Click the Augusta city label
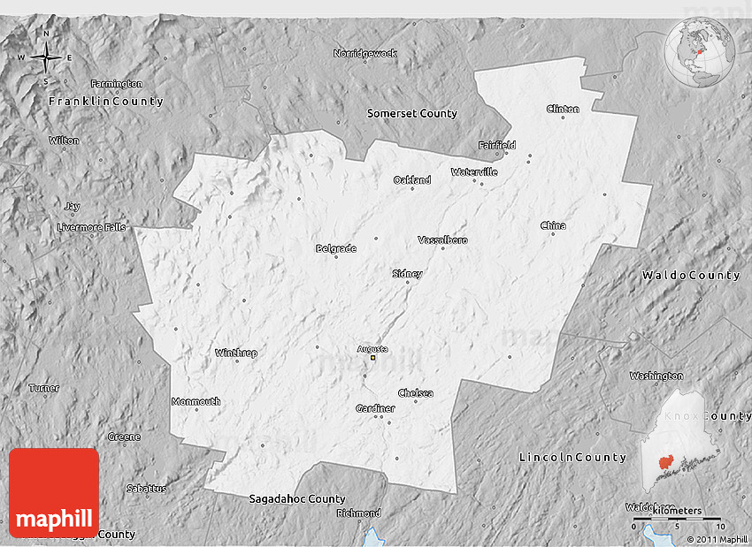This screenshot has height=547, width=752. (372, 348)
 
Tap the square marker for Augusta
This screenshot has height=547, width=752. (373, 358)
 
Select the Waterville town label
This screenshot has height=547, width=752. (473, 171)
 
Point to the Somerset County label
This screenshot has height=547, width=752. (412, 113)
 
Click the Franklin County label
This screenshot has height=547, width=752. (106, 102)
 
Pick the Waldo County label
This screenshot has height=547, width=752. (691, 276)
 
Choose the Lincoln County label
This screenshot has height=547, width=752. (572, 457)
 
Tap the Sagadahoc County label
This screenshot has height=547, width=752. (296, 498)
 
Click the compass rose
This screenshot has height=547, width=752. (45, 58)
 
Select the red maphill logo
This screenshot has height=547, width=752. (54, 492)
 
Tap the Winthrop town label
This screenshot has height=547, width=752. (236, 353)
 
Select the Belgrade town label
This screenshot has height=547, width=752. (336, 248)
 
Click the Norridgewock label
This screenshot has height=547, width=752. (365, 53)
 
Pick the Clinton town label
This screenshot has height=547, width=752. (563, 109)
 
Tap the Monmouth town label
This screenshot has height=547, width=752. (196, 401)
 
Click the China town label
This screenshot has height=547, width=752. (553, 225)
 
